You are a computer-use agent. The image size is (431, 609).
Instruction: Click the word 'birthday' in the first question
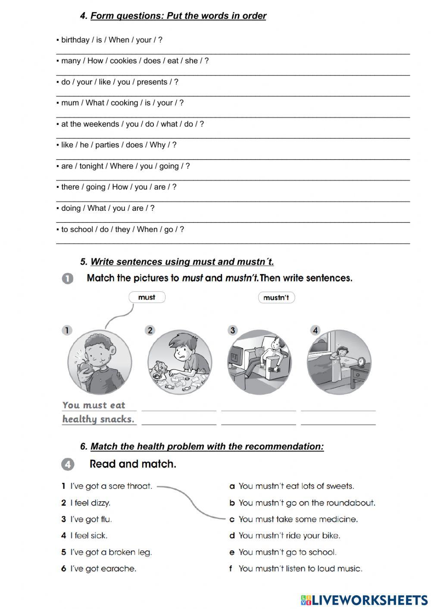[75, 40]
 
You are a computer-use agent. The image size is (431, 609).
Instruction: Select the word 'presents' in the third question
[152, 82]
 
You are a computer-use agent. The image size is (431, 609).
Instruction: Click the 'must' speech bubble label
[147, 297]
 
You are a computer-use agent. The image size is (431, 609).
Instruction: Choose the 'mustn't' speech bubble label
[276, 297]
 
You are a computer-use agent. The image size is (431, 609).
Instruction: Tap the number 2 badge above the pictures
[150, 330]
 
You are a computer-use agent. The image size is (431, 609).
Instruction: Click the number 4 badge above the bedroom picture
[315, 330]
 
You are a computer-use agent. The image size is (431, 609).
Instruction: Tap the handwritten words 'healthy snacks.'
[98, 419]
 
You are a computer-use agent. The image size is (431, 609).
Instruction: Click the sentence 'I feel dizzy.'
[90, 503]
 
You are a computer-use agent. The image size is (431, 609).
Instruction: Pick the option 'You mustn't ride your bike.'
[289, 536]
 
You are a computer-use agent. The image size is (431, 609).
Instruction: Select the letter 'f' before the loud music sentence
[231, 569]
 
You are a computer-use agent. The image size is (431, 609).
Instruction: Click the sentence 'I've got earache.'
[103, 569]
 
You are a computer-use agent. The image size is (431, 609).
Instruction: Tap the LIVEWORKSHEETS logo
[364, 600]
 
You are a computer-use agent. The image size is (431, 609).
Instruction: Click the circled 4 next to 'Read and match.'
[68, 464]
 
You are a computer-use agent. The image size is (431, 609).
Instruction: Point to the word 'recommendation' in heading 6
[284, 447]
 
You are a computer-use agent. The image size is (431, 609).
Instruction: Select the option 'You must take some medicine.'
[298, 519]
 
